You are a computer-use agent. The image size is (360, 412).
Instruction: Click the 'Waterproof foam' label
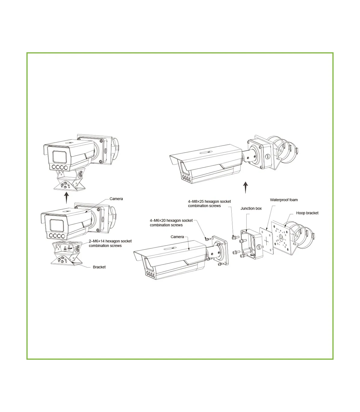coord(283,200)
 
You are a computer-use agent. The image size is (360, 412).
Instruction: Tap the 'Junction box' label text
coord(251,208)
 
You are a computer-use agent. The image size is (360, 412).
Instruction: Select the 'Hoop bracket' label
coord(307,213)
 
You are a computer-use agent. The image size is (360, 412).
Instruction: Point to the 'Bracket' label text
coord(99,267)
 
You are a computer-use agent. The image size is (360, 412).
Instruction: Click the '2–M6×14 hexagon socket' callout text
coord(110,241)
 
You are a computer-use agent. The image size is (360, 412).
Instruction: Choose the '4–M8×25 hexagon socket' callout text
coord(209,201)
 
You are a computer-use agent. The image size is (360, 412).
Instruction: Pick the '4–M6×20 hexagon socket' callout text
coord(171,220)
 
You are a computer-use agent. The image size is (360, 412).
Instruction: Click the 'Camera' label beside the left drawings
coord(116,199)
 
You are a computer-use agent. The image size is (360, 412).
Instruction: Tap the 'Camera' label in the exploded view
coord(177,237)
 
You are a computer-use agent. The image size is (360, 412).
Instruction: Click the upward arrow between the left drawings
coord(67,198)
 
